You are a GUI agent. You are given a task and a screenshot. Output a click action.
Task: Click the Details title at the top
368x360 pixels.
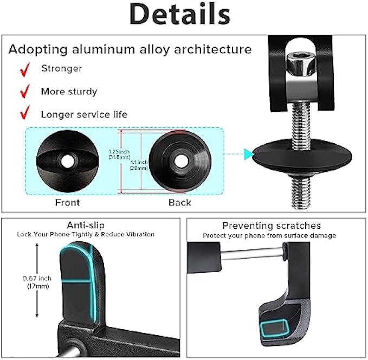[184, 15]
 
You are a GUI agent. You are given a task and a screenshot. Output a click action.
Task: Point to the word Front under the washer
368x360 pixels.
[68, 202]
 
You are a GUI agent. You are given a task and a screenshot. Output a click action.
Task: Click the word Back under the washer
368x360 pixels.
[179, 202]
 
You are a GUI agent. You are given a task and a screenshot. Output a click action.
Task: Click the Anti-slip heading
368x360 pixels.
[85, 225]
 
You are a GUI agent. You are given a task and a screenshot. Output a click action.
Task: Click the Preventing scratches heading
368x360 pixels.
[271, 226]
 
